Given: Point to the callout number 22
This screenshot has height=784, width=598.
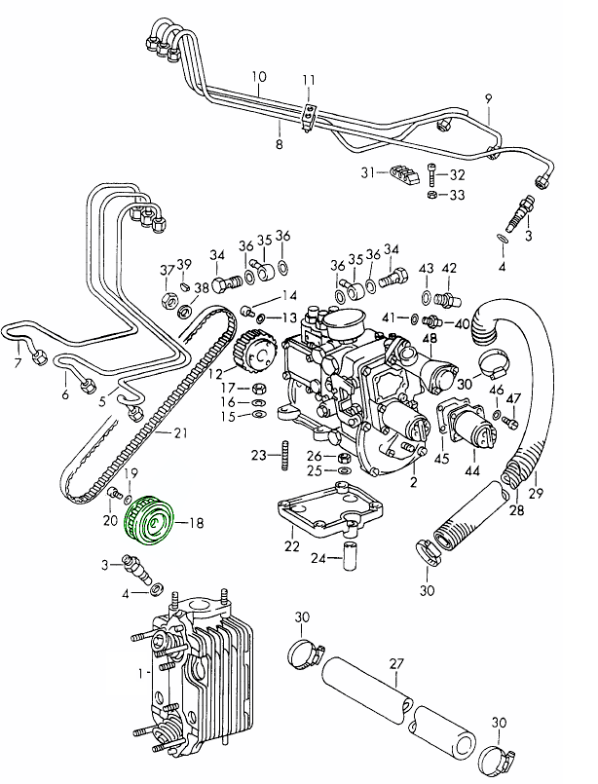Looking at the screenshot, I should pos(291,546).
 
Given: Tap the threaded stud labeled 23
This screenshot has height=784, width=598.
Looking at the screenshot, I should pos(286,455).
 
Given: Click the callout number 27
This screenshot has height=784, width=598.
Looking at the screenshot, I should pos(396,663).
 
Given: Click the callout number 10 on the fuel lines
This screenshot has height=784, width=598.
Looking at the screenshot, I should pos(258,76).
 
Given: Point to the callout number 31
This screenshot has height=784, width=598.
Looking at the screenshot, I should pos(367,172).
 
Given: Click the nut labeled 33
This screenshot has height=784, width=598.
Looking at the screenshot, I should pos(431,195).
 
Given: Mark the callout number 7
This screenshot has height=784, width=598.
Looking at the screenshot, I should pos(17,364).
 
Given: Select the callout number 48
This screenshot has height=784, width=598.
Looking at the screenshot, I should pos(429,337).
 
